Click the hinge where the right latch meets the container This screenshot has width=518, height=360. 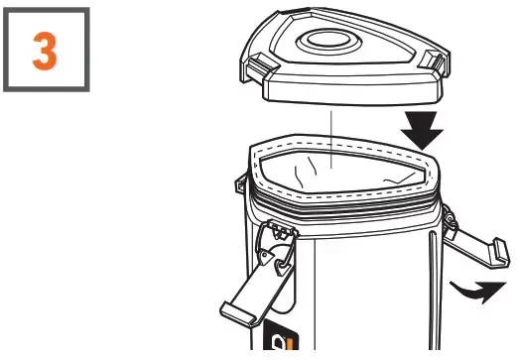[449, 215]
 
